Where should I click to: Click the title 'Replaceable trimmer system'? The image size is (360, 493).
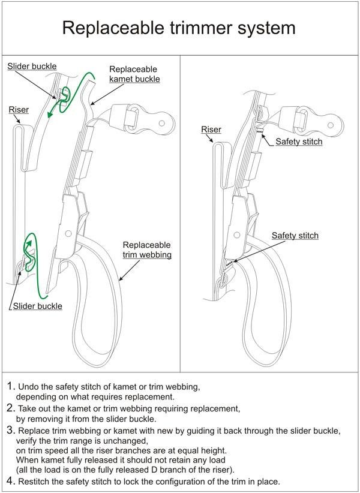point(179,28)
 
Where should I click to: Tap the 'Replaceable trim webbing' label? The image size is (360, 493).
point(146,250)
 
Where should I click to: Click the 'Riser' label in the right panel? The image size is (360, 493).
point(211,129)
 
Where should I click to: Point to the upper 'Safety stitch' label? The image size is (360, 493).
point(299,142)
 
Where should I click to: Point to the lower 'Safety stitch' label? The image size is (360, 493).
point(295,236)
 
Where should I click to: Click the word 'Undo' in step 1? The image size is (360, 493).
point(30,386)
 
